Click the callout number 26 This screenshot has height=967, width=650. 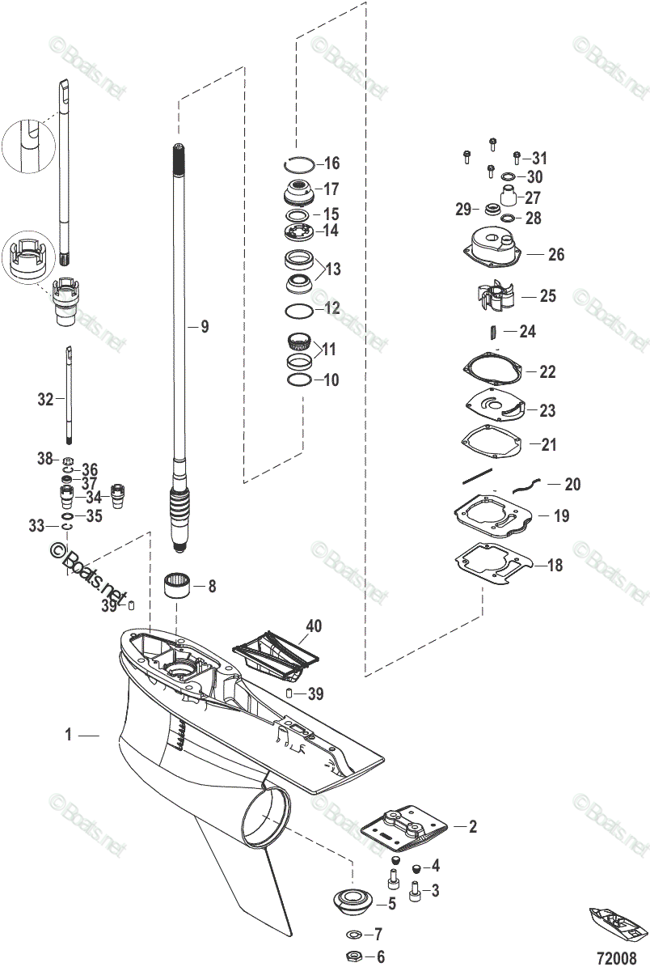click(x=555, y=255)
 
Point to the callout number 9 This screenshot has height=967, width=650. click(x=205, y=327)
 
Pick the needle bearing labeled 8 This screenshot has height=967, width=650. click(x=181, y=584)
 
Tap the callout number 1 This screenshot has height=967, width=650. click(x=69, y=735)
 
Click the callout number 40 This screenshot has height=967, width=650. click(x=314, y=626)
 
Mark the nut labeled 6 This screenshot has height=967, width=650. click(x=353, y=956)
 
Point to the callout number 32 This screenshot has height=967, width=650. click(x=45, y=399)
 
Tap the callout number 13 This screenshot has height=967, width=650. click(x=332, y=269)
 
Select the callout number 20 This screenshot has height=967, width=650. click(x=572, y=485)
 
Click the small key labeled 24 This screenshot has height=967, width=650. click(x=492, y=332)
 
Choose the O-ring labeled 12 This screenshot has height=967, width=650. click(x=298, y=311)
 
